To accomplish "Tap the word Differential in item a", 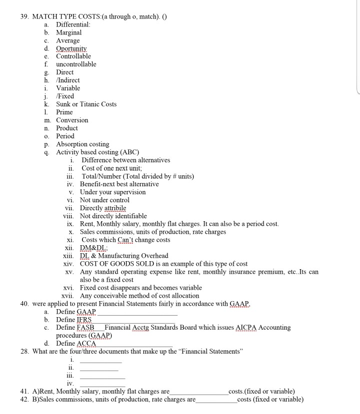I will tap(73, 24).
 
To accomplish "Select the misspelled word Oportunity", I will tap(71, 48).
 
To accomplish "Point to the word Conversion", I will tap(72, 120).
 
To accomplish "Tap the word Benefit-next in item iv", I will tap(97, 184).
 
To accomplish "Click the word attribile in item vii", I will tap(115, 208).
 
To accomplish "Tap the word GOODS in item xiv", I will tap(121, 264).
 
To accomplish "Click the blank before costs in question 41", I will tap(198, 391).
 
